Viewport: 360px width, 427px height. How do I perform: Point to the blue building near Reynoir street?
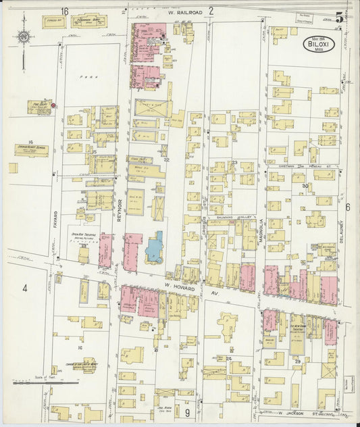coord(154,248)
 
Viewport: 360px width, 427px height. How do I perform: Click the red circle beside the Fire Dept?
coord(53,105)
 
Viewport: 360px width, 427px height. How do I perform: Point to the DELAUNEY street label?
coord(343,236)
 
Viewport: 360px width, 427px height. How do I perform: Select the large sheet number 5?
coord(339,17)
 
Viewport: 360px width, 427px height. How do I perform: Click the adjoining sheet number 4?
coord(24,288)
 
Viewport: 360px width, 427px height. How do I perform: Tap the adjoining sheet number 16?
coord(65,11)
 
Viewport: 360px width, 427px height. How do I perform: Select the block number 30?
coord(305,186)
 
